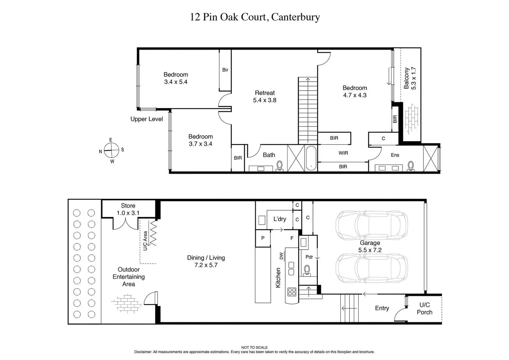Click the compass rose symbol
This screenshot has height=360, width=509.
[x=111, y=150]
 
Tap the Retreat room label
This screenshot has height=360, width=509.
[x=265, y=96]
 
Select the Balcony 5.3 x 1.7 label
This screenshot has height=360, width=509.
[x=410, y=79]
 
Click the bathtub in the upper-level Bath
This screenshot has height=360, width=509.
[x=311, y=159]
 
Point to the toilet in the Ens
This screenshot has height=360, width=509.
[x=411, y=166]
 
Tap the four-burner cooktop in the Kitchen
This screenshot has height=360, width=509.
[x=292, y=292]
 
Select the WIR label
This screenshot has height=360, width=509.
[x=343, y=153]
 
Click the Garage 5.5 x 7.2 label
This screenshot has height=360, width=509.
[x=370, y=247]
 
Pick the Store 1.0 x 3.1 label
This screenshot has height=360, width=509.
[x=128, y=210]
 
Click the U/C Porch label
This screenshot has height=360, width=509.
[x=424, y=308]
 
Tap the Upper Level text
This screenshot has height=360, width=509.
[x=147, y=119]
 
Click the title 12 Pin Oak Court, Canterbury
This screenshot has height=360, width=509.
[x=255, y=17]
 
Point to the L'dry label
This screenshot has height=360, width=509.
[x=280, y=219]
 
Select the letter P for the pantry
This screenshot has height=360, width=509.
[x=263, y=238]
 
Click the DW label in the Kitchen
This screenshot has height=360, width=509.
[x=281, y=256]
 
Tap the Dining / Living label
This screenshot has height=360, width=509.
[x=206, y=261]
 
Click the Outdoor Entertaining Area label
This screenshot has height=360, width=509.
[x=129, y=277]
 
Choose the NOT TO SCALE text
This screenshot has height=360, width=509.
[x=254, y=348]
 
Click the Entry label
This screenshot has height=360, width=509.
[x=382, y=308]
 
